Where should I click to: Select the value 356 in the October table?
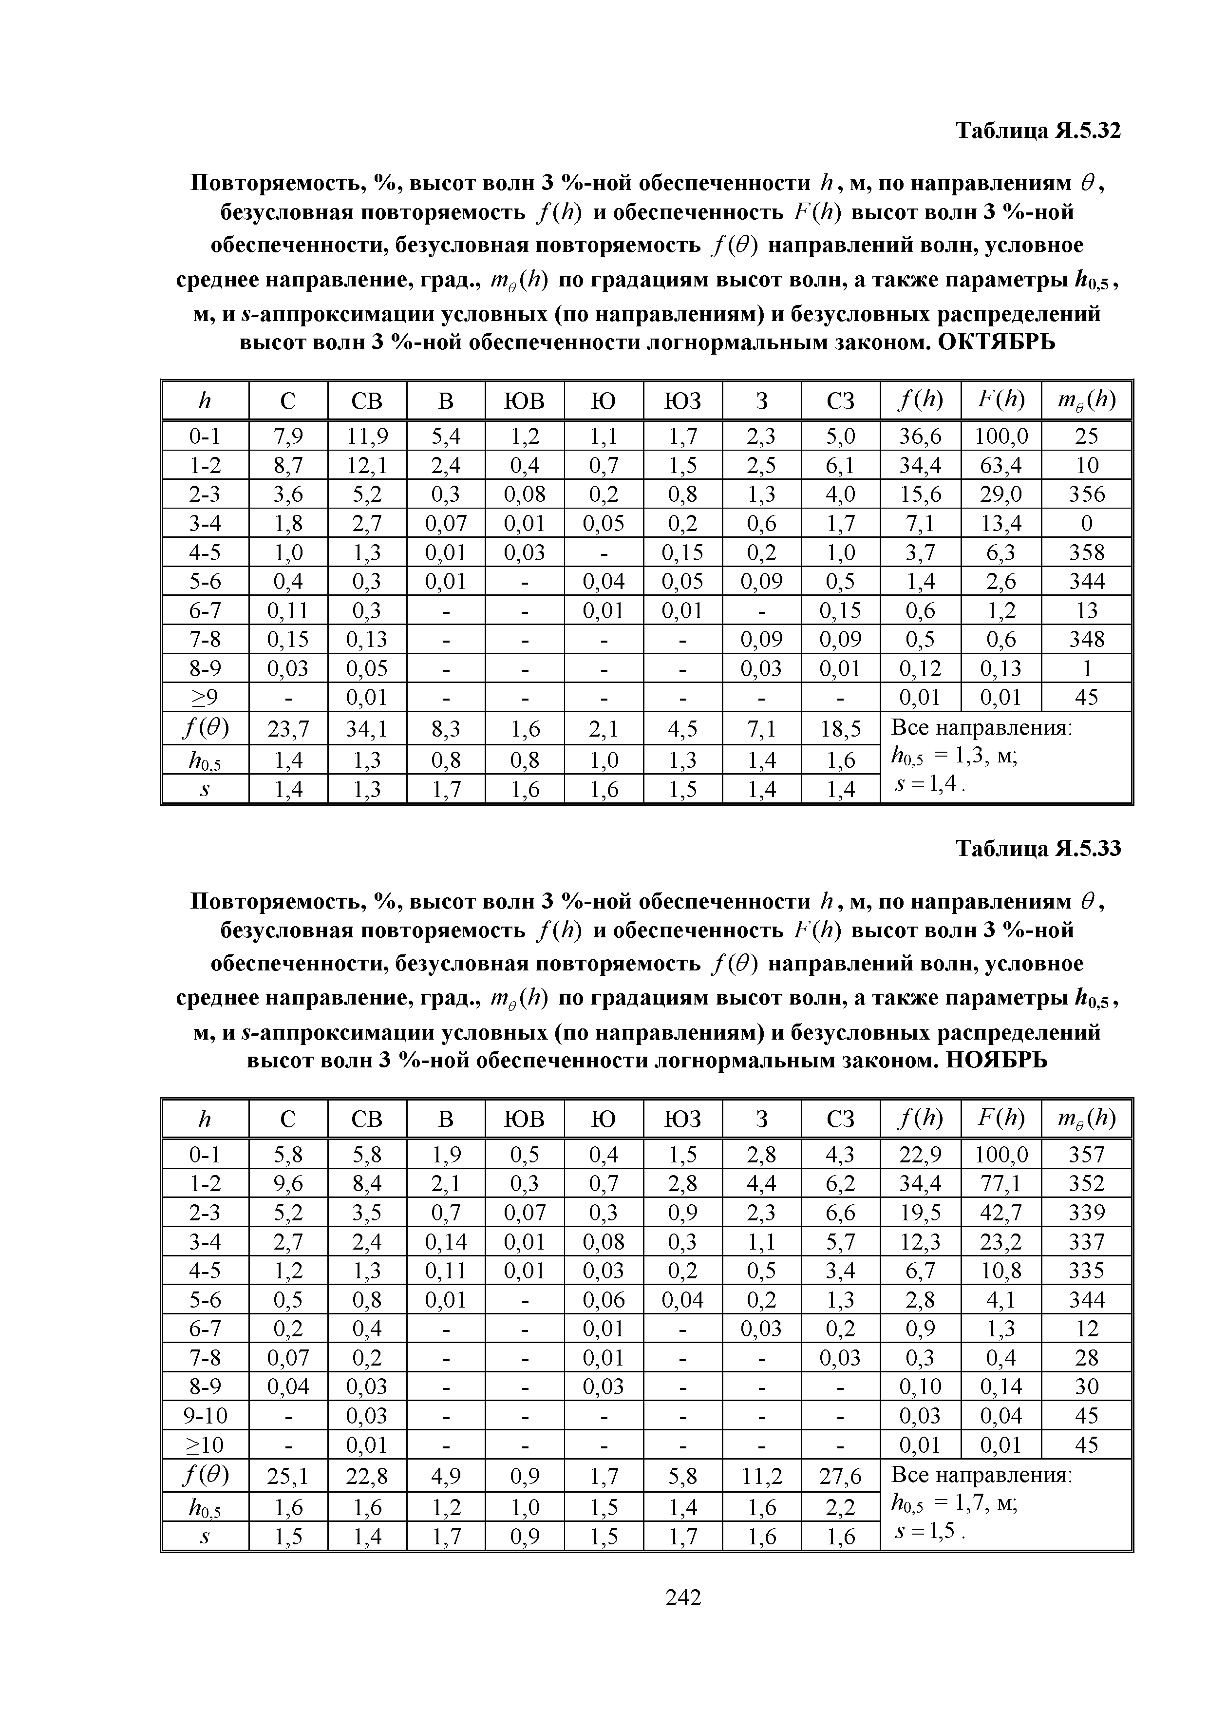pyautogui.click(x=1087, y=494)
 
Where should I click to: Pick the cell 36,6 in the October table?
pyautogui.click(x=920, y=436)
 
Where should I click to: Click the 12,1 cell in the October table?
pyautogui.click(x=366, y=465)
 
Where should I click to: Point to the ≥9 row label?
pyautogui.click(x=205, y=698)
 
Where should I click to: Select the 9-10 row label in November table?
pyautogui.click(x=205, y=1415)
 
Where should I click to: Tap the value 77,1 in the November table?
pyautogui.click(x=1001, y=1183)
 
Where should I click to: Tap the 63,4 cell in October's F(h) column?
pyautogui.click(x=1001, y=465)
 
